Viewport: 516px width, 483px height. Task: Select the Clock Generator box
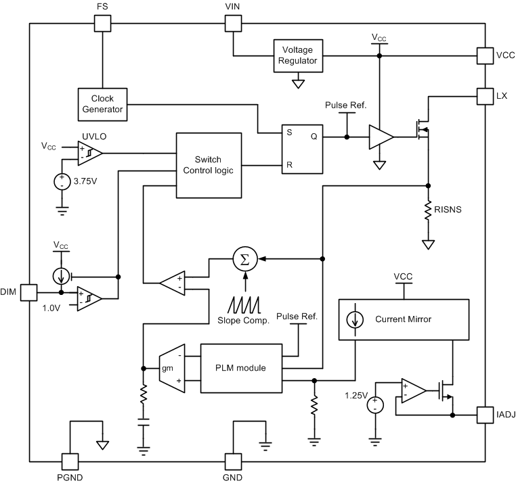pyautogui.click(x=102, y=104)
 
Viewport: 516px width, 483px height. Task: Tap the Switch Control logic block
pyautogui.click(x=209, y=164)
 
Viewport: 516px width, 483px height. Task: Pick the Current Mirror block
pyautogui.click(x=403, y=319)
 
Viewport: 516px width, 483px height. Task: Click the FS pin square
pyautogui.click(x=102, y=23)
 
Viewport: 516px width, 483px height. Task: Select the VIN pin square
pyautogui.click(x=233, y=23)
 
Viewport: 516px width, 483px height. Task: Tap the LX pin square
pyautogui.click(x=486, y=96)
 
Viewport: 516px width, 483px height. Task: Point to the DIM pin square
pyautogui.click(x=28, y=292)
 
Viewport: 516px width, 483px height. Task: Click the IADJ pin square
pyautogui.click(x=486, y=413)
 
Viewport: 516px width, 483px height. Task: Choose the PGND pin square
pyautogui.click(x=70, y=461)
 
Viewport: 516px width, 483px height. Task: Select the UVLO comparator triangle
pyautogui.click(x=89, y=154)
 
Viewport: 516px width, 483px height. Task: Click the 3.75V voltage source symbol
pyautogui.click(x=62, y=181)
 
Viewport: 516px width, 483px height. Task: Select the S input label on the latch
pyautogui.click(x=289, y=133)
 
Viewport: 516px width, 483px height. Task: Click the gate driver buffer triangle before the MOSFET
pyautogui.click(x=380, y=137)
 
